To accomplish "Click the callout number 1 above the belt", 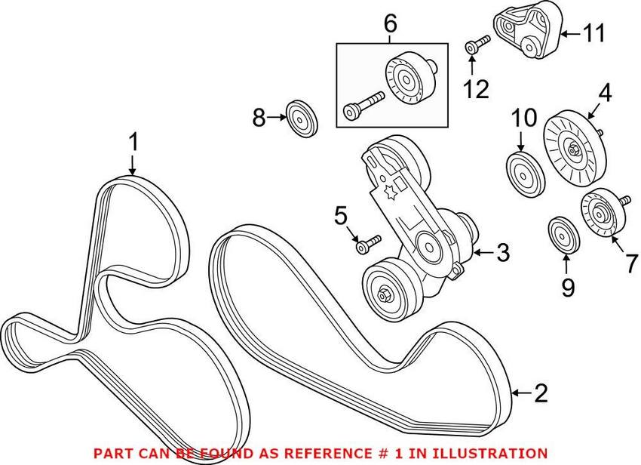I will (133, 141).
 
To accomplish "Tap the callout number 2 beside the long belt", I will (541, 393).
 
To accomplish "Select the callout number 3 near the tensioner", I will (501, 253).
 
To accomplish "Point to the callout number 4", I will (606, 94).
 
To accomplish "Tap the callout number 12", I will (476, 90).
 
